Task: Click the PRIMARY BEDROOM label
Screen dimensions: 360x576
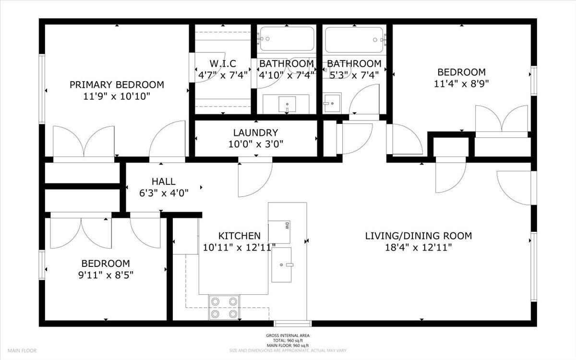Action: pos(117,85)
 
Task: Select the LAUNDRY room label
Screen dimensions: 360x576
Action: pos(255,132)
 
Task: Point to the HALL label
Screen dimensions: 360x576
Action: pos(163,181)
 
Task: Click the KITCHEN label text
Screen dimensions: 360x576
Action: pos(239,236)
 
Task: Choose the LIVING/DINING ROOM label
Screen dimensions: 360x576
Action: pos(418,236)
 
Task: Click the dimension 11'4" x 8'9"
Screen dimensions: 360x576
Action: pos(461,84)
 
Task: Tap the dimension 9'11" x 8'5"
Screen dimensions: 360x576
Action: pos(105,275)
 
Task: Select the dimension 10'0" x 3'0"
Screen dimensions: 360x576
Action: pos(255,144)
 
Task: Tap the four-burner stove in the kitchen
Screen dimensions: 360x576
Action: pos(224,307)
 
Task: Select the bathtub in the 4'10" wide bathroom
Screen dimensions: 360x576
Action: pos(287,39)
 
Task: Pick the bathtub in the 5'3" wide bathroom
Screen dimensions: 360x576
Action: pos(354,39)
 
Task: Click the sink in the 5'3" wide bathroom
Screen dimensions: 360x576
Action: pos(331,102)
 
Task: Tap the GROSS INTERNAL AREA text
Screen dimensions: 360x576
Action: pos(288,336)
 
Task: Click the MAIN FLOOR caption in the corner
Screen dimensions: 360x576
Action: pos(22,351)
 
